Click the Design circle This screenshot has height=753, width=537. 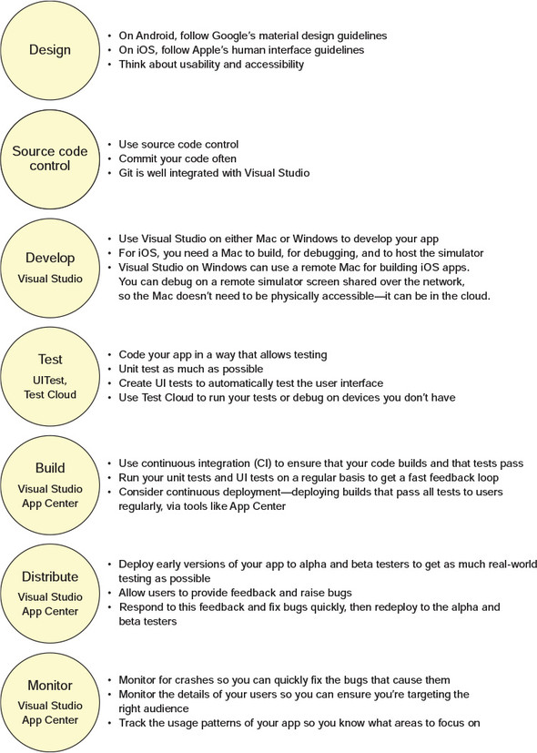click(50, 50)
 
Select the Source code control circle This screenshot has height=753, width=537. click(50, 159)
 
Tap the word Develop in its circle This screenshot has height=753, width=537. click(50, 258)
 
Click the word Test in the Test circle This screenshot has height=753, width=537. click(50, 360)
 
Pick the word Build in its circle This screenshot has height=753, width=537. click(50, 468)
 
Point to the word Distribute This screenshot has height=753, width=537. click(50, 576)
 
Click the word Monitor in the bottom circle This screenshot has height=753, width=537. click(50, 685)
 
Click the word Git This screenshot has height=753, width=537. click(126, 173)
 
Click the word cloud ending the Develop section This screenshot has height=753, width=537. click(476, 296)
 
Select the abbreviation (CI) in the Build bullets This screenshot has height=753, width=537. click(259, 463)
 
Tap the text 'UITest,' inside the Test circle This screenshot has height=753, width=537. click(50, 381)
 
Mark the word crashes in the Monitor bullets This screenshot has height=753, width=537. click(193, 680)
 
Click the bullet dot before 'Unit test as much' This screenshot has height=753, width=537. click(109, 370)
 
